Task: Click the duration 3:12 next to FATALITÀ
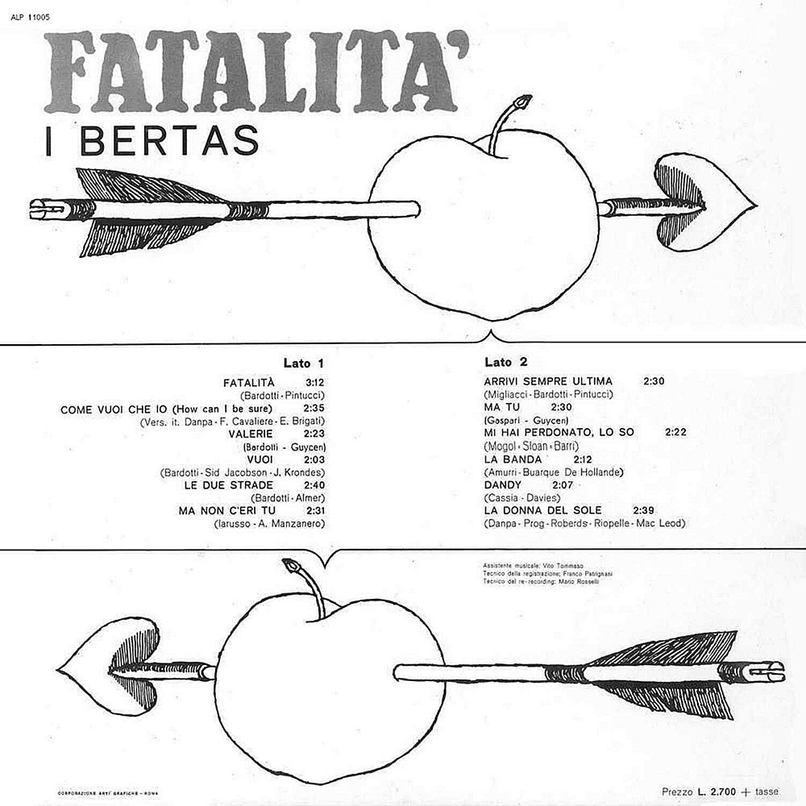[x=314, y=381]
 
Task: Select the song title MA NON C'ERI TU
[x=226, y=511]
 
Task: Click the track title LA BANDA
[x=513, y=459]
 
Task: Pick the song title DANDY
[x=503, y=485]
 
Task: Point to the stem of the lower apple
[x=310, y=587]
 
